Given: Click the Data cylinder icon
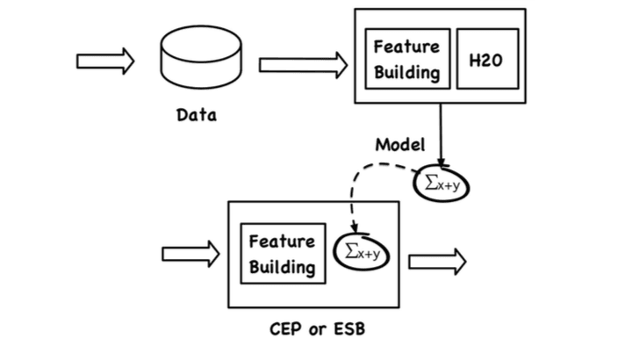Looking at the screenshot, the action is click(201, 57).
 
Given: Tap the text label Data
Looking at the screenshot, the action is click(197, 115).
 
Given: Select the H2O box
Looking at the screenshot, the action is click(487, 59).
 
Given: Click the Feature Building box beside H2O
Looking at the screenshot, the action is click(407, 59).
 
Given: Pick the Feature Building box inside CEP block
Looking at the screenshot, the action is click(283, 254).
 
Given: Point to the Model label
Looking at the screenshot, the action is click(400, 145).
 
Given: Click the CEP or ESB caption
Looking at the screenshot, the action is click(317, 329).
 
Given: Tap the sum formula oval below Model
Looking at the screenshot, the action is click(442, 184).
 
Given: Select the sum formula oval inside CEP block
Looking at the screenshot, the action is click(362, 252).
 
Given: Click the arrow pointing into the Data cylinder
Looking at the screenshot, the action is click(105, 61).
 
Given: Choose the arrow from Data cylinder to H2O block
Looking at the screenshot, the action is click(303, 65).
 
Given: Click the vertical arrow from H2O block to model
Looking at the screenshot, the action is click(441, 135).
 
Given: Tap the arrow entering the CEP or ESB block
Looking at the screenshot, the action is click(190, 254).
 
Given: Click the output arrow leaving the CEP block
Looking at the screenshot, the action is click(437, 262).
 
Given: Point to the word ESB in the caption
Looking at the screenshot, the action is click(349, 329).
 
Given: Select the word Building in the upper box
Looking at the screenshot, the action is click(407, 73).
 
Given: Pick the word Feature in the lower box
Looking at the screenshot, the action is click(282, 241).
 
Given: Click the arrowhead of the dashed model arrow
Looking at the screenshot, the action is click(355, 228).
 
